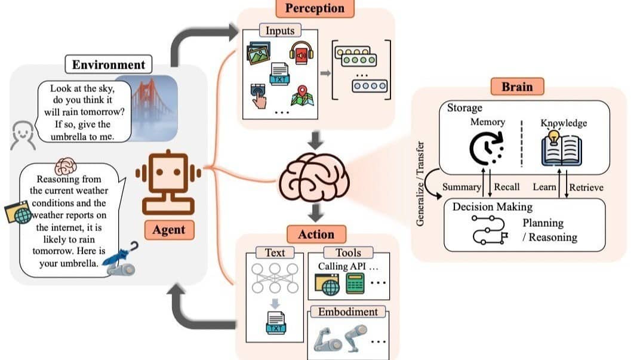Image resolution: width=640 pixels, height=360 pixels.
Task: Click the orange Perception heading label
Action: tap(315, 8)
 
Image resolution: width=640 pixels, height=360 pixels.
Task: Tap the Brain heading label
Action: tap(516, 87)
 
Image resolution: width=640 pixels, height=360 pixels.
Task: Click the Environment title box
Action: tap(109, 65)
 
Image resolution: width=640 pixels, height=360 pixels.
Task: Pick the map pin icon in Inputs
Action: tap(301, 95)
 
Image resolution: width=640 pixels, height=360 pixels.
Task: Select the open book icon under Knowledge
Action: tap(561, 149)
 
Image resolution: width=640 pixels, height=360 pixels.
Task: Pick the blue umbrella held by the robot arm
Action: tap(122, 254)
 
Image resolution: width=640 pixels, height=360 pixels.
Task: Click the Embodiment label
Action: tap(347, 312)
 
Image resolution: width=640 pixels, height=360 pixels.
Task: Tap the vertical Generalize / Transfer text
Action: tap(420, 183)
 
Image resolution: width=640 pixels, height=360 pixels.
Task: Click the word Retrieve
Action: tap(586, 187)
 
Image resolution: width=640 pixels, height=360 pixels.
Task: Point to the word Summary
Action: tap(461, 187)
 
